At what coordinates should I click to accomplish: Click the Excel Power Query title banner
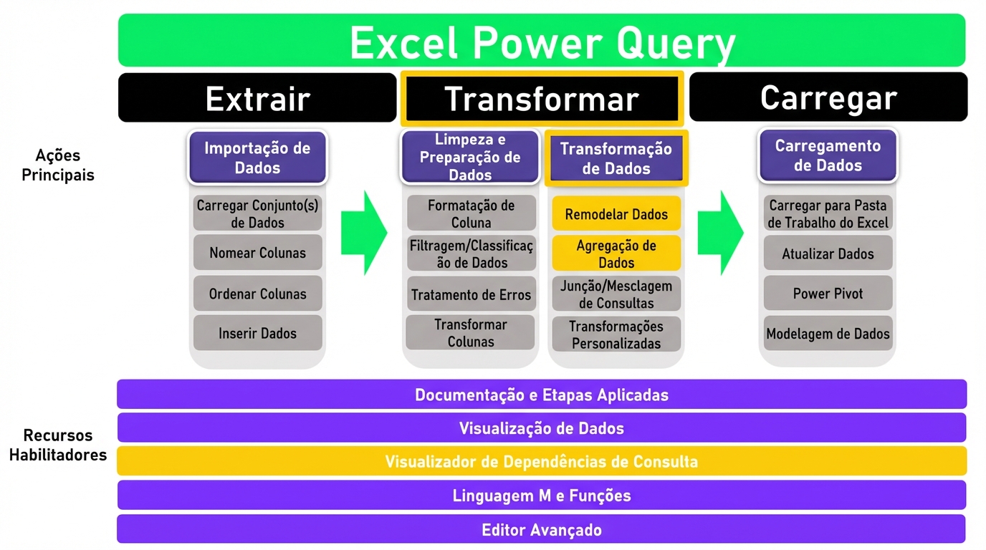point(542,42)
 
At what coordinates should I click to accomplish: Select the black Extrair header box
point(257,98)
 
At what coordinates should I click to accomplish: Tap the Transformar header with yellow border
point(541,98)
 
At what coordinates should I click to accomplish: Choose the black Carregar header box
point(828,97)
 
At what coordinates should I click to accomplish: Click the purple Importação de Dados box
point(257,158)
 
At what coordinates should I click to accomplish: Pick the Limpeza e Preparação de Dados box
point(470,157)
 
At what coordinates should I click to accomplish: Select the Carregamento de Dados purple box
point(828,155)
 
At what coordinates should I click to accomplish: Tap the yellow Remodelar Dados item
point(616,214)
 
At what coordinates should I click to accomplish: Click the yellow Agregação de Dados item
point(616,254)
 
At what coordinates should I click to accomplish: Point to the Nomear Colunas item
point(257,253)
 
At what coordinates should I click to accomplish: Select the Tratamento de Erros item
point(471,294)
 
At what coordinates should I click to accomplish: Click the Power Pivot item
point(828,294)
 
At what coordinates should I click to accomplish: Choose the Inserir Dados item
point(257,333)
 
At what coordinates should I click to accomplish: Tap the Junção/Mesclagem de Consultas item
point(616,294)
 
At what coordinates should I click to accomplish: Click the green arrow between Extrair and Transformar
point(363,233)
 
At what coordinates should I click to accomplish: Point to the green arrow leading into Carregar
point(720,233)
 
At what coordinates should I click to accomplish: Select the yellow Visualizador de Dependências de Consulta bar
point(542,461)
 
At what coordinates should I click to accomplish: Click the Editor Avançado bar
point(542,530)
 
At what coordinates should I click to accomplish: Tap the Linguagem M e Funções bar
point(542,496)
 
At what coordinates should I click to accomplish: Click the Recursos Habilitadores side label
point(57,445)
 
